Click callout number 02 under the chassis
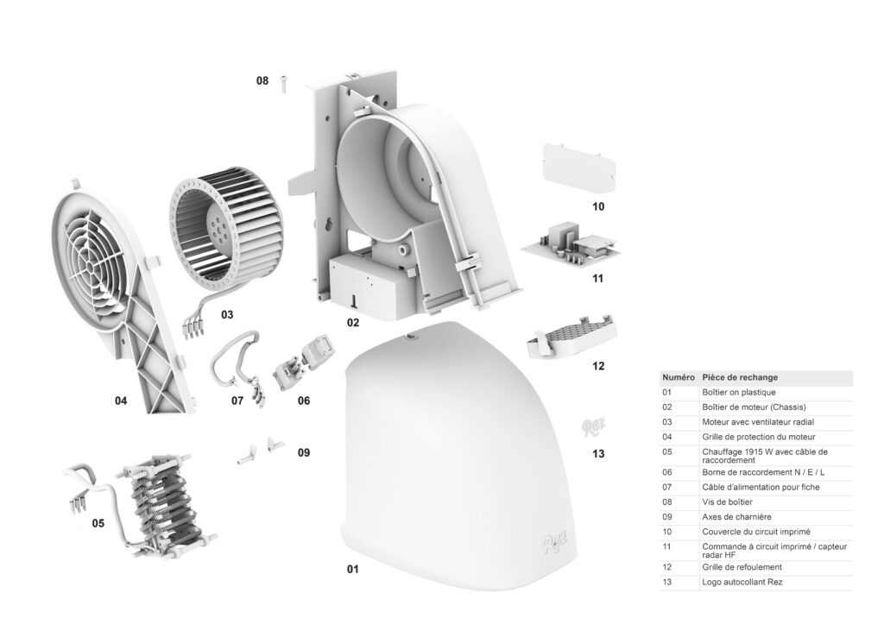[353, 322]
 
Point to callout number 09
[303, 452]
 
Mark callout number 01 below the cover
[352, 569]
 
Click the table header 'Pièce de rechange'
[740, 377]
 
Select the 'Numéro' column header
[678, 377]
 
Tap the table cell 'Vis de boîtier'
[727, 502]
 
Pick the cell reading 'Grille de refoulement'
[742, 567]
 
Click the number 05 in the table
[666, 451]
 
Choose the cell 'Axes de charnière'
[736, 516]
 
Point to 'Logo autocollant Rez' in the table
[742, 583]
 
